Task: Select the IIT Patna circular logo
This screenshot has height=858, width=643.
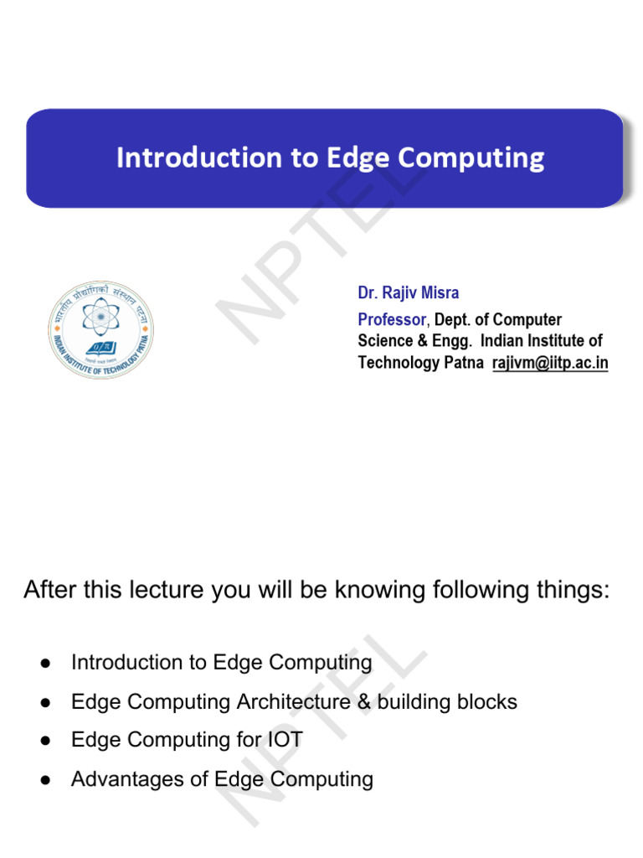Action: (x=101, y=328)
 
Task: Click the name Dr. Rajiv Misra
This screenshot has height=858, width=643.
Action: (x=409, y=293)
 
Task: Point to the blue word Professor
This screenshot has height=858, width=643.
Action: (x=392, y=319)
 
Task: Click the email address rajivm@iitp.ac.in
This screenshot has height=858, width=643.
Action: (x=550, y=363)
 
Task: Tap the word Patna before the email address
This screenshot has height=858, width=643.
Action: (x=465, y=363)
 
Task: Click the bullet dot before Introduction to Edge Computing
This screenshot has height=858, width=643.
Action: (x=46, y=663)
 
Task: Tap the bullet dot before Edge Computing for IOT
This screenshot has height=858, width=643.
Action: (x=46, y=741)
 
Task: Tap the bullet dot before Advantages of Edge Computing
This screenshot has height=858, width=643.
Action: (x=46, y=779)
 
